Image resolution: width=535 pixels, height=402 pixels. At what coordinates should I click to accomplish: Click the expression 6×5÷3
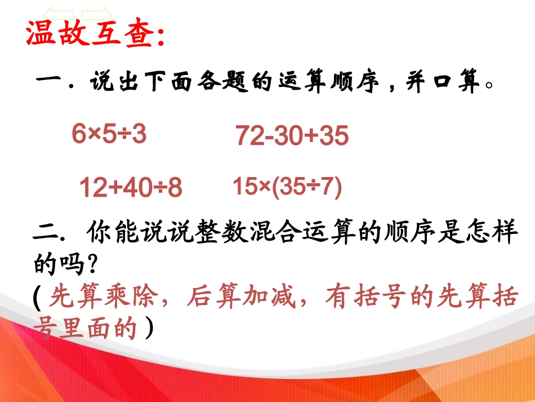point(109,134)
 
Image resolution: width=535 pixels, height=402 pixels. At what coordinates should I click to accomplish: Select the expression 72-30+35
point(292,136)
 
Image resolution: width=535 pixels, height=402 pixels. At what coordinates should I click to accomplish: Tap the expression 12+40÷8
point(131,188)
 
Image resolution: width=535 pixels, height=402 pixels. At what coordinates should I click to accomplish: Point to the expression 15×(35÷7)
point(287,187)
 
